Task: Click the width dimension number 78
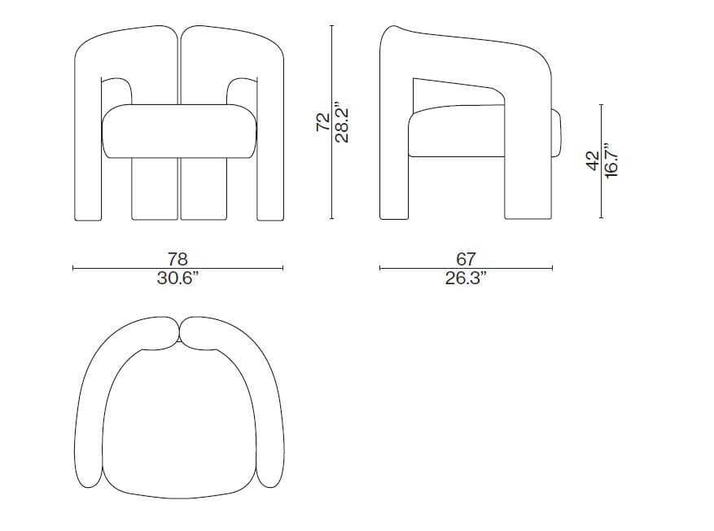[177, 259]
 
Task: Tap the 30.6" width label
[177, 278]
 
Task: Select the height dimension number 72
[322, 122]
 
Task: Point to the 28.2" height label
[341, 122]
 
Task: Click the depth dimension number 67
[465, 259]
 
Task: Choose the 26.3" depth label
[465, 278]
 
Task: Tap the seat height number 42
[593, 160]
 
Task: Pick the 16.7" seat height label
[611, 160]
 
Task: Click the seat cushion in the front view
[177, 130]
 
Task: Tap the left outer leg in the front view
[87, 163]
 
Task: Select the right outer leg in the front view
[269, 163]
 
